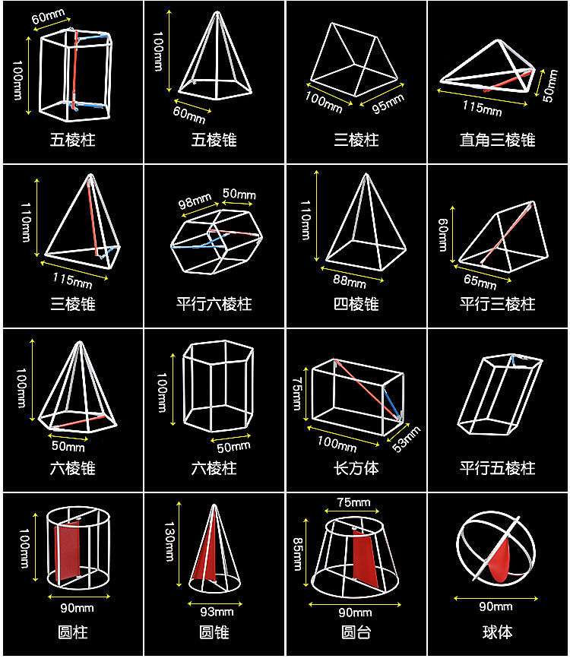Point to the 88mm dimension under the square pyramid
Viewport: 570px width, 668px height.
(x=350, y=282)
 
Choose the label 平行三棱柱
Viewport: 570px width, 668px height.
(x=497, y=304)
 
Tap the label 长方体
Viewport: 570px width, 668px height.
(x=356, y=468)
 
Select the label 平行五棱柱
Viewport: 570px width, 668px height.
(x=497, y=468)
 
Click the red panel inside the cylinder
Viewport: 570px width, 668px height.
(x=70, y=548)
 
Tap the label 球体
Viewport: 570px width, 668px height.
(x=497, y=632)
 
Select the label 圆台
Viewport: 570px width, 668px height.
(x=356, y=632)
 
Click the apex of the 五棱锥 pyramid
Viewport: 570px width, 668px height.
(x=215, y=13)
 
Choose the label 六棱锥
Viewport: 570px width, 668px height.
(x=73, y=468)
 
